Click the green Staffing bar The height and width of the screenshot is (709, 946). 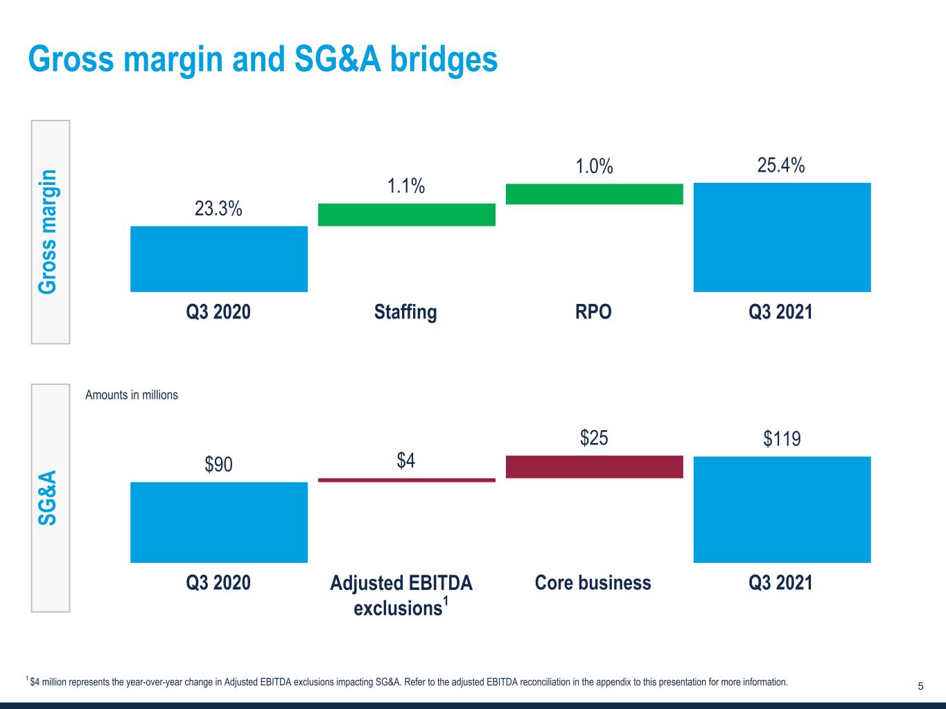pos(406,215)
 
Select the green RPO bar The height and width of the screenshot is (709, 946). pos(595,194)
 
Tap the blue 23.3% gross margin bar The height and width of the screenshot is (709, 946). pos(219,259)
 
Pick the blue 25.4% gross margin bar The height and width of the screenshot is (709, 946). pos(782,237)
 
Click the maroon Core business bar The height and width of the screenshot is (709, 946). pos(595,467)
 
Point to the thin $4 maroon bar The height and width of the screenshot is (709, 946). pos(406,480)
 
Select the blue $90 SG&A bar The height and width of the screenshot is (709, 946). pos(219,522)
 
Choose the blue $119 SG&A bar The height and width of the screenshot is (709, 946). pos(782,510)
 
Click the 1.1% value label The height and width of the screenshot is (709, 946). pos(406,186)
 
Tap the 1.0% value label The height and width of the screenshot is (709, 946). pos(595,166)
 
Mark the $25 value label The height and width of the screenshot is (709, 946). pos(594,438)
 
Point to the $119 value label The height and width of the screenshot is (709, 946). pos(782,439)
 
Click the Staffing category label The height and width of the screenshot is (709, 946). pos(405,312)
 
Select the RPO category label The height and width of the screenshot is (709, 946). pos(593,312)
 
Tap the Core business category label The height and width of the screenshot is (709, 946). pos(593,582)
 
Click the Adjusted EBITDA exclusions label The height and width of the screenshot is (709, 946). pos(401,595)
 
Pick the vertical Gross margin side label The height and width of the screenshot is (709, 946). pos(47,232)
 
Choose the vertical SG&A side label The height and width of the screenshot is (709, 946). pos(47,498)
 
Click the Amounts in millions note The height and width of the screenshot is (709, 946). pos(132,395)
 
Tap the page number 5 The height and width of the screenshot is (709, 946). pos(920,686)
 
